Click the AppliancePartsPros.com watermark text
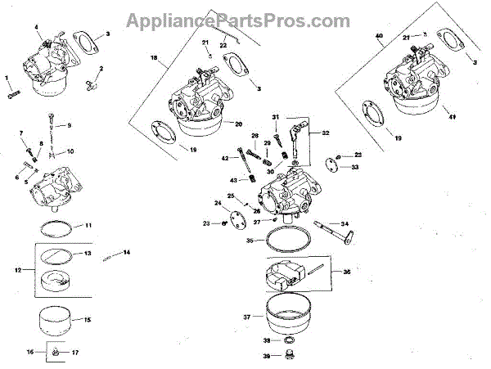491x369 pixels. click(245, 18)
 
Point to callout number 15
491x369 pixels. click(87, 320)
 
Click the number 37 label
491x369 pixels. click(246, 316)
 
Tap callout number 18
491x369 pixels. click(153, 59)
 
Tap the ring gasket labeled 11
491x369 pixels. click(60, 225)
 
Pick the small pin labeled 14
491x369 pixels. click(108, 258)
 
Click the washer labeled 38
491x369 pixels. click(289, 340)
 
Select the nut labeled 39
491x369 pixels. click(289, 356)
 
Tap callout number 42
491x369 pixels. click(223, 157)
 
